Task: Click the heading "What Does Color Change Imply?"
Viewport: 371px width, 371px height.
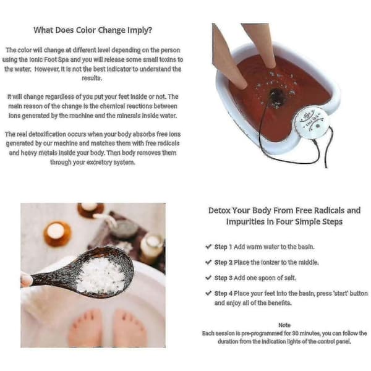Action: pyautogui.click(x=93, y=30)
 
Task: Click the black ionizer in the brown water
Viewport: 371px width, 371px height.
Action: pyautogui.click(x=276, y=96)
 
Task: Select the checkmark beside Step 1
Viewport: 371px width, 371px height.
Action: pyautogui.click(x=208, y=247)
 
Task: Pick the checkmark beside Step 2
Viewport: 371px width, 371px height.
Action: pyautogui.click(x=208, y=262)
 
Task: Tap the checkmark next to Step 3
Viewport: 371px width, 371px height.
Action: pyautogui.click(x=208, y=278)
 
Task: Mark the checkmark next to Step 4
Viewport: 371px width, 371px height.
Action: pyautogui.click(x=208, y=293)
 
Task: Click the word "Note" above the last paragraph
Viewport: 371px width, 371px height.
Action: pyautogui.click(x=284, y=325)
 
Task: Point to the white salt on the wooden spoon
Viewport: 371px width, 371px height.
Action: pyautogui.click(x=101, y=275)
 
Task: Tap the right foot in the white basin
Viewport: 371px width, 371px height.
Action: pyautogui.click(x=129, y=328)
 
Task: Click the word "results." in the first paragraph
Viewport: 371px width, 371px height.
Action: pyautogui.click(x=92, y=78)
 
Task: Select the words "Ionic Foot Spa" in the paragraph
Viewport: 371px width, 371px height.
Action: pyautogui.click(x=49, y=59)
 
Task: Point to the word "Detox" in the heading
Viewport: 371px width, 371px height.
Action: pyautogui.click(x=220, y=210)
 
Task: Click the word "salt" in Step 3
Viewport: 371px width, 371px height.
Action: pyautogui.click(x=290, y=278)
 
